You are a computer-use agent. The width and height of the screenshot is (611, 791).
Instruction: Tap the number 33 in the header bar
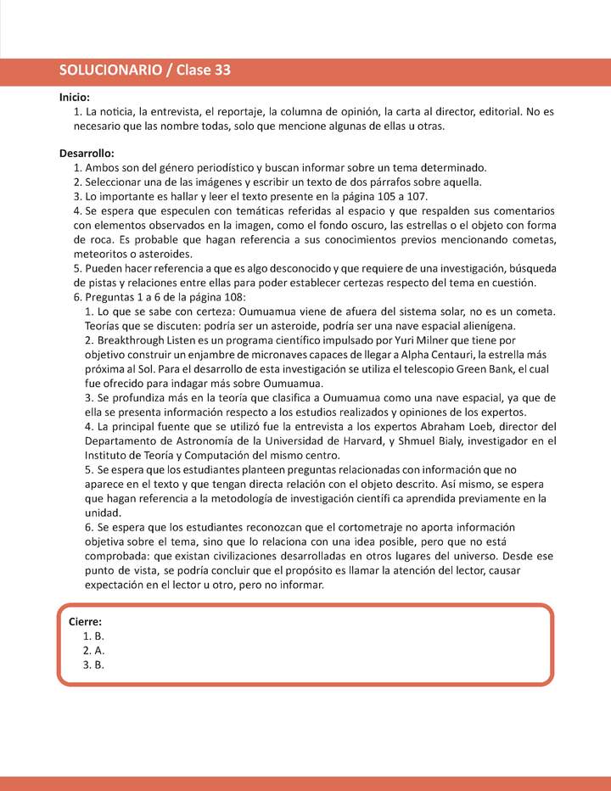click(220, 71)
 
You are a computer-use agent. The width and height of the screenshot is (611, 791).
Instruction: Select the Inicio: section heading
click(75, 98)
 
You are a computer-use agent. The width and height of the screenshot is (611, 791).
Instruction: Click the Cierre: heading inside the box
click(86, 621)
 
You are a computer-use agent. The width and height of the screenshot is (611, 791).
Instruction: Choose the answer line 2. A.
click(93, 650)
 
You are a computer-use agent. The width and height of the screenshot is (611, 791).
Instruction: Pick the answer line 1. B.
click(93, 636)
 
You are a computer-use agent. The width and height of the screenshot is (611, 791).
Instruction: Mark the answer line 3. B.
click(93, 665)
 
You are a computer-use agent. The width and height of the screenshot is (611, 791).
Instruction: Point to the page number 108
click(233, 297)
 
